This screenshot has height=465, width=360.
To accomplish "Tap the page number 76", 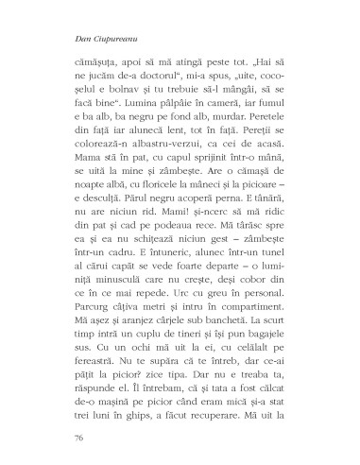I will click(x=78, y=438).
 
